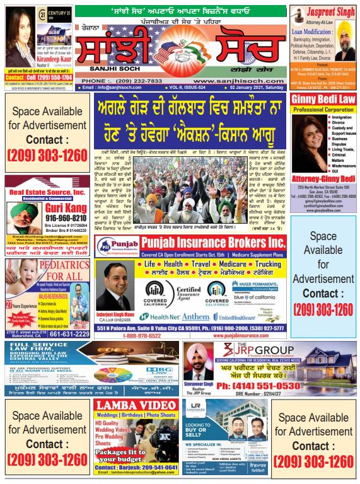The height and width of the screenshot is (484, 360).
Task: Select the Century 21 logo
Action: coord(52,13)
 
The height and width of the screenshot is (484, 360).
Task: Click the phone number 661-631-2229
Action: coord(65,334)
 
